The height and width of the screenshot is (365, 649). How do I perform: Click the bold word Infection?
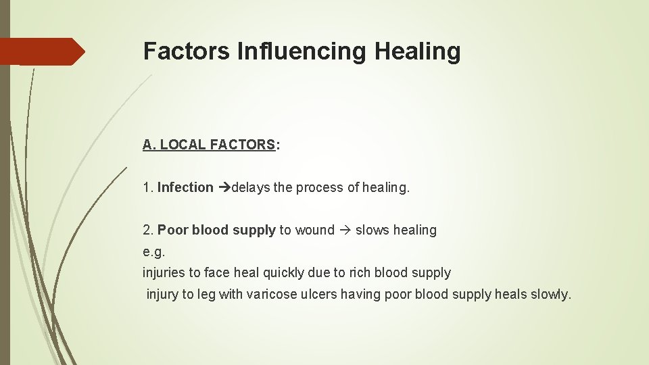point(185,187)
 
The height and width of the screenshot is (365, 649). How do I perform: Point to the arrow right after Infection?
point(224,187)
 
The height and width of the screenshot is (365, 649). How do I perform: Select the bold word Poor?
point(173,230)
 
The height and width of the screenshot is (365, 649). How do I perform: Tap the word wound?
point(315,230)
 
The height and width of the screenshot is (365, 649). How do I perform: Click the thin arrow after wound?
point(345,230)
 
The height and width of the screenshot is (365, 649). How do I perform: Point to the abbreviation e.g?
point(154,251)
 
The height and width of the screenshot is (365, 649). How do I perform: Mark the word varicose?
point(271,295)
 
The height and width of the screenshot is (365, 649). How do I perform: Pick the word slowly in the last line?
point(550,295)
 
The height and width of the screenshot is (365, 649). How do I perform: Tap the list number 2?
point(147,230)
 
